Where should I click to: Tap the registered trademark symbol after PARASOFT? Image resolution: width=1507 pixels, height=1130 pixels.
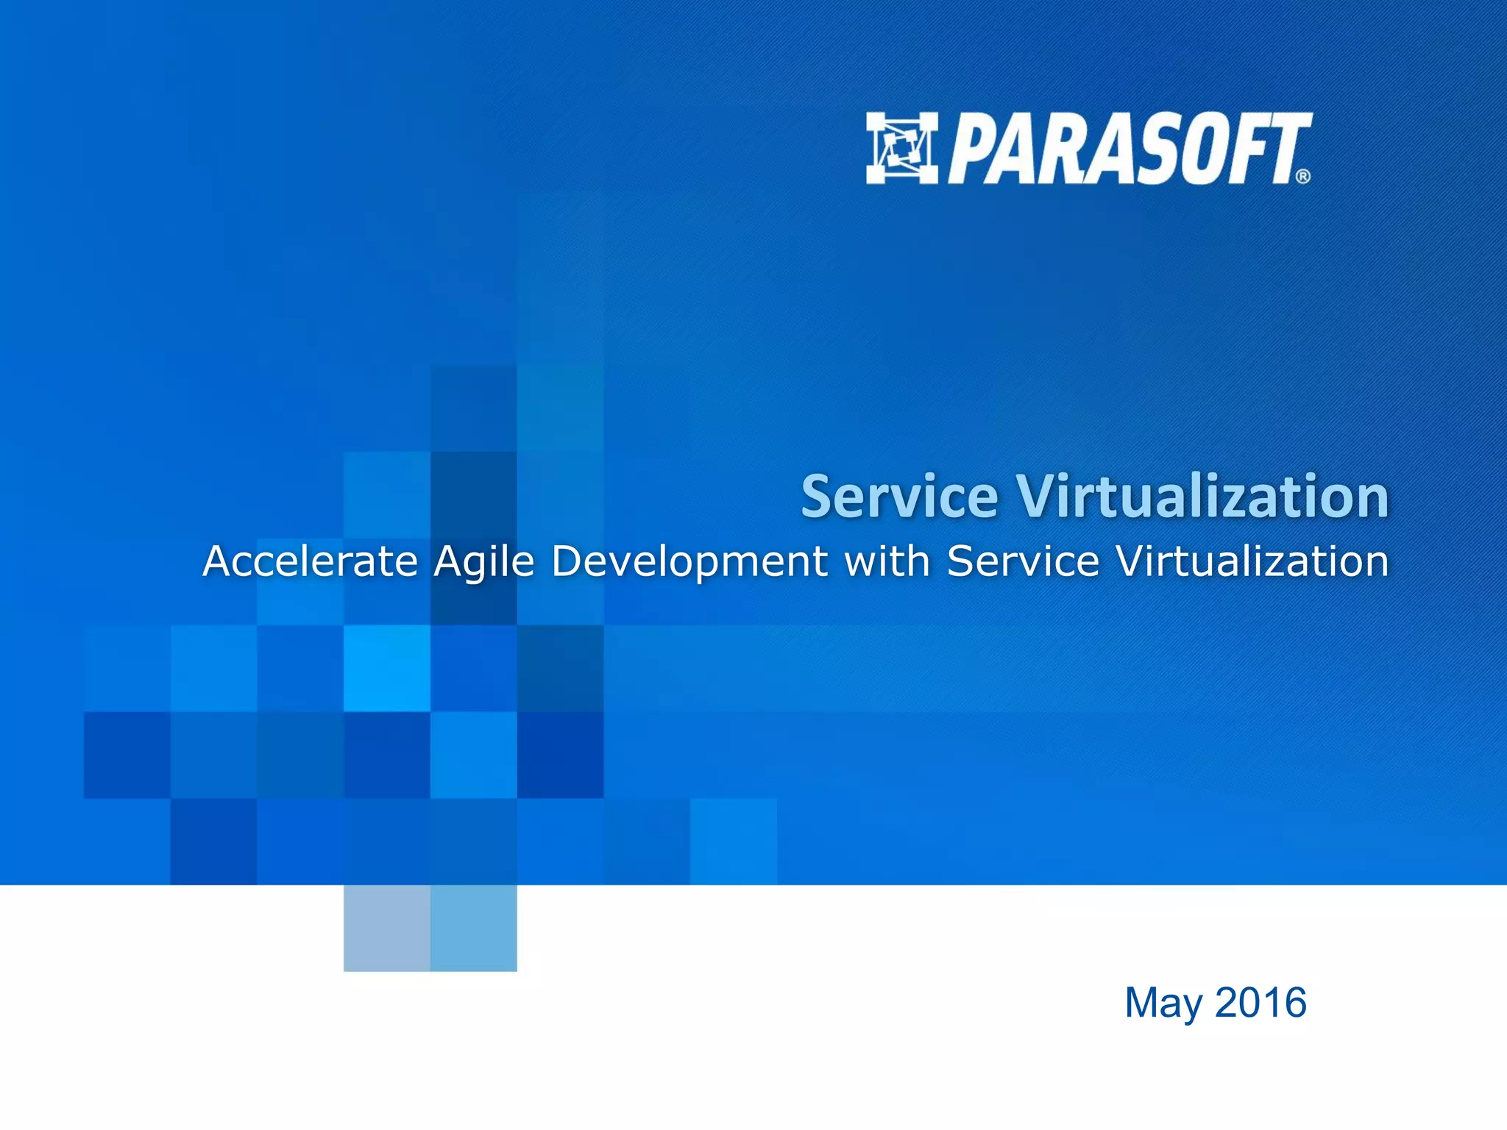(x=1302, y=177)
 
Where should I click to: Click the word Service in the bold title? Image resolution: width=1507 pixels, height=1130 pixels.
(x=899, y=497)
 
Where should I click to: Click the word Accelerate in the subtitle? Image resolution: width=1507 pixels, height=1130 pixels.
(x=310, y=561)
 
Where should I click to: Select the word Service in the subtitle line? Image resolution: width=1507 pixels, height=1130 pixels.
(x=1023, y=561)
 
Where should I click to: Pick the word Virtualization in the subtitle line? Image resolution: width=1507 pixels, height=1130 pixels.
(x=1252, y=561)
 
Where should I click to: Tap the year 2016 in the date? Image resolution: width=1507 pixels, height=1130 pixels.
(x=1260, y=1002)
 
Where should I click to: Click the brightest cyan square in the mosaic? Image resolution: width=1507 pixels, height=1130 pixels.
(x=386, y=668)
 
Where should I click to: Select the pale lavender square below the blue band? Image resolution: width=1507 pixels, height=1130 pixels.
(x=386, y=928)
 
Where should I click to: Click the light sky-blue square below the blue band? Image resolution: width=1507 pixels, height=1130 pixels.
(x=473, y=928)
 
